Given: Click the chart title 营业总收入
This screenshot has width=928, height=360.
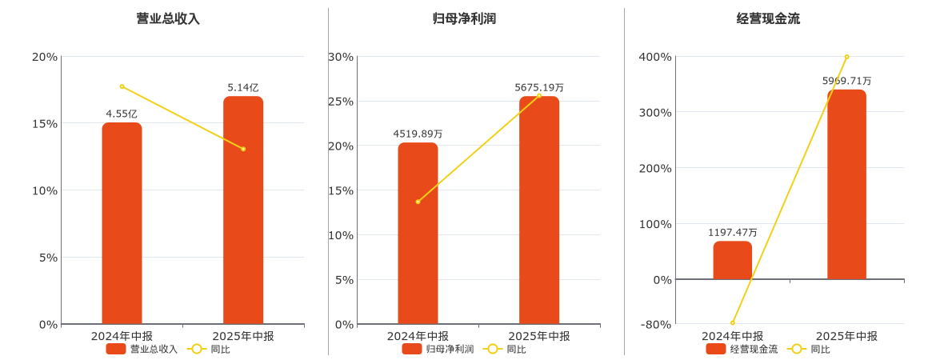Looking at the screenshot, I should pos(168,18).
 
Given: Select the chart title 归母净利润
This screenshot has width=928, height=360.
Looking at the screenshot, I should pos(464,18).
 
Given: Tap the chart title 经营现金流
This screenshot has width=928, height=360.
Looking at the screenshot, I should pos(768,18).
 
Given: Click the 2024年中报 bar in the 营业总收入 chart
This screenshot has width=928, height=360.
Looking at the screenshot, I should pos(122,224).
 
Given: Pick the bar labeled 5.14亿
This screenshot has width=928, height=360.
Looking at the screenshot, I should pos(243,210).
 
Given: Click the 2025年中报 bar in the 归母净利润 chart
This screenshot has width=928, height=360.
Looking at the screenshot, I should pos(539,210).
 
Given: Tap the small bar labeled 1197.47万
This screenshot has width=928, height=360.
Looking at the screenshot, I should pos(733,261).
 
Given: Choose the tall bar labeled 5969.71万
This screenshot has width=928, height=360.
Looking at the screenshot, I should pos(846,185).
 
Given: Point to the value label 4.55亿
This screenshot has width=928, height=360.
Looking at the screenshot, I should pos(122,114).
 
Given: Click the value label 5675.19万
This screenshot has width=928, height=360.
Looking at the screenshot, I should pos(539,87).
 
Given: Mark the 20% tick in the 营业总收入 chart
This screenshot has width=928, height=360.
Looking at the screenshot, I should pos(45,57).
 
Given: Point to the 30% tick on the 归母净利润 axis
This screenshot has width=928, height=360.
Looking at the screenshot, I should pos(341,57).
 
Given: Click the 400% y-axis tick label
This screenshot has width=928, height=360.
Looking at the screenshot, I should pos(655,57).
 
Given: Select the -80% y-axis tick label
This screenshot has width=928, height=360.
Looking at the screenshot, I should pos(656,324).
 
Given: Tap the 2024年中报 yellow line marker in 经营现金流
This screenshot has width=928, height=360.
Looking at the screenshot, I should pos(733,323).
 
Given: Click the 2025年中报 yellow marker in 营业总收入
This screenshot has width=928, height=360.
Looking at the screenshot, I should pos(243,149).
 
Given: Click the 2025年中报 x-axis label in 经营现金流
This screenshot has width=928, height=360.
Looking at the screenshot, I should pos(846,336).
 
